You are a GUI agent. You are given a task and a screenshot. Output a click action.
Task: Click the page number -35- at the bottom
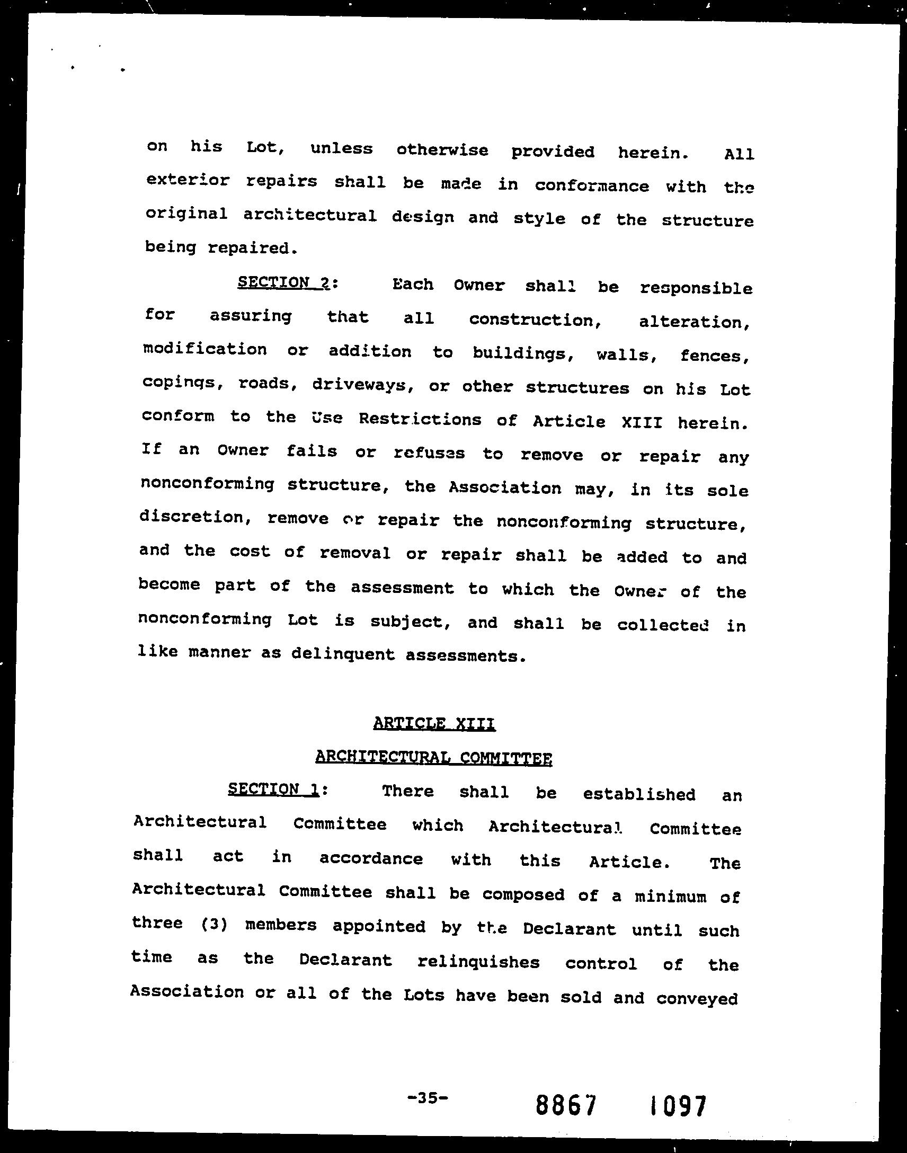(428, 1098)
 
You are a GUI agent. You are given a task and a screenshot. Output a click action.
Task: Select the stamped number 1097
(678, 1106)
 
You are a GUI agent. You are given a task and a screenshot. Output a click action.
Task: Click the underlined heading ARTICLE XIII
(434, 723)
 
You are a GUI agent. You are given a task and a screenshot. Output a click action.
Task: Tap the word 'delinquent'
(343, 654)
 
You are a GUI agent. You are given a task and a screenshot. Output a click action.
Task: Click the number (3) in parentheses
(215, 925)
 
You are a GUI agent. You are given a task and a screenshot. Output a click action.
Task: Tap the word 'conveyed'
(697, 999)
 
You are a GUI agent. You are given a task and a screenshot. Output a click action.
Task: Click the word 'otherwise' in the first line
(442, 150)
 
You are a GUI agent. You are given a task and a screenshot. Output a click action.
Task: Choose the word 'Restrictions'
(420, 419)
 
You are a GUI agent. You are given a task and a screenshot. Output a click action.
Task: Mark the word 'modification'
(205, 350)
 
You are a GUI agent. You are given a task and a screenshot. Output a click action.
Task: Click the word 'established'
(639, 794)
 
